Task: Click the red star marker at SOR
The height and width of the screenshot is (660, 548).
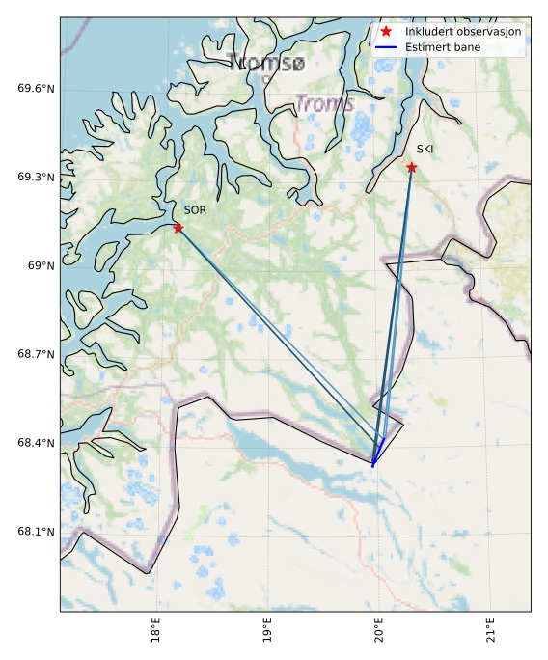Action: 178,228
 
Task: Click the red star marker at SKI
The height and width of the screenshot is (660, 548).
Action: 412,167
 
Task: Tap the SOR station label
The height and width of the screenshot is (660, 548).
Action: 195,209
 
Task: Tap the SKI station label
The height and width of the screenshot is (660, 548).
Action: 425,149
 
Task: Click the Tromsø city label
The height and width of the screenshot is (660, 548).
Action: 267,64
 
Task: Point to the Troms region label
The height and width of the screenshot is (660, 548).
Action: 324,103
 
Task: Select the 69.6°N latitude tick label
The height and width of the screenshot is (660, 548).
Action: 37,89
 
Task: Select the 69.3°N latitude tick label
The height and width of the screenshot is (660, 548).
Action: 37,178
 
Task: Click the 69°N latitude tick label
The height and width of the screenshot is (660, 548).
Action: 42,266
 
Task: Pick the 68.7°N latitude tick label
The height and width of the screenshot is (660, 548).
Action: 37,355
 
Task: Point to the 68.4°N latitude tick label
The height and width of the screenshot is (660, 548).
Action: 37,444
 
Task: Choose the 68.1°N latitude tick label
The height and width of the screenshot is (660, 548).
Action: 37,533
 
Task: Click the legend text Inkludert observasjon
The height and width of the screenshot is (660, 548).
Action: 463,32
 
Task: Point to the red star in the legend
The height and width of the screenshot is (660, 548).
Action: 386,32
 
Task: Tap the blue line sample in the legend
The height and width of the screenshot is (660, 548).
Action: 386,47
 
